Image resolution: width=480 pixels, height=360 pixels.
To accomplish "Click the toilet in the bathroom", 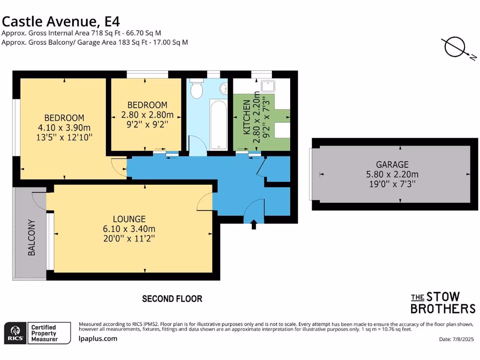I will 197,89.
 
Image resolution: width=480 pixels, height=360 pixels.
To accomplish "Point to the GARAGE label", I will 392,165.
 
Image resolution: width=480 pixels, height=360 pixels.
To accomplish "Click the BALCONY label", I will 32,237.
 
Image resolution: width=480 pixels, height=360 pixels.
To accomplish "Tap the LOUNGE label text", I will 129,219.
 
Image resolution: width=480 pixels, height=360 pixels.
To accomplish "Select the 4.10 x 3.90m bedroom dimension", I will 64,127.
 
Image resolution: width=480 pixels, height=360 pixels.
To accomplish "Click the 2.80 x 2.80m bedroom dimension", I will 147,115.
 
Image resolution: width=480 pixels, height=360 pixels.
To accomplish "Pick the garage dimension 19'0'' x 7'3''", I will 392,184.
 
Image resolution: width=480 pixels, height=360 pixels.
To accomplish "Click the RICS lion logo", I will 14,332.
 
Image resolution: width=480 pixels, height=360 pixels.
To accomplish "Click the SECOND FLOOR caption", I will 172,299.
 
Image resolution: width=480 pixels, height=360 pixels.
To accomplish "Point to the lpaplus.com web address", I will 98,338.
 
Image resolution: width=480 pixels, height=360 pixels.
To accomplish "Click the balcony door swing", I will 38,200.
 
